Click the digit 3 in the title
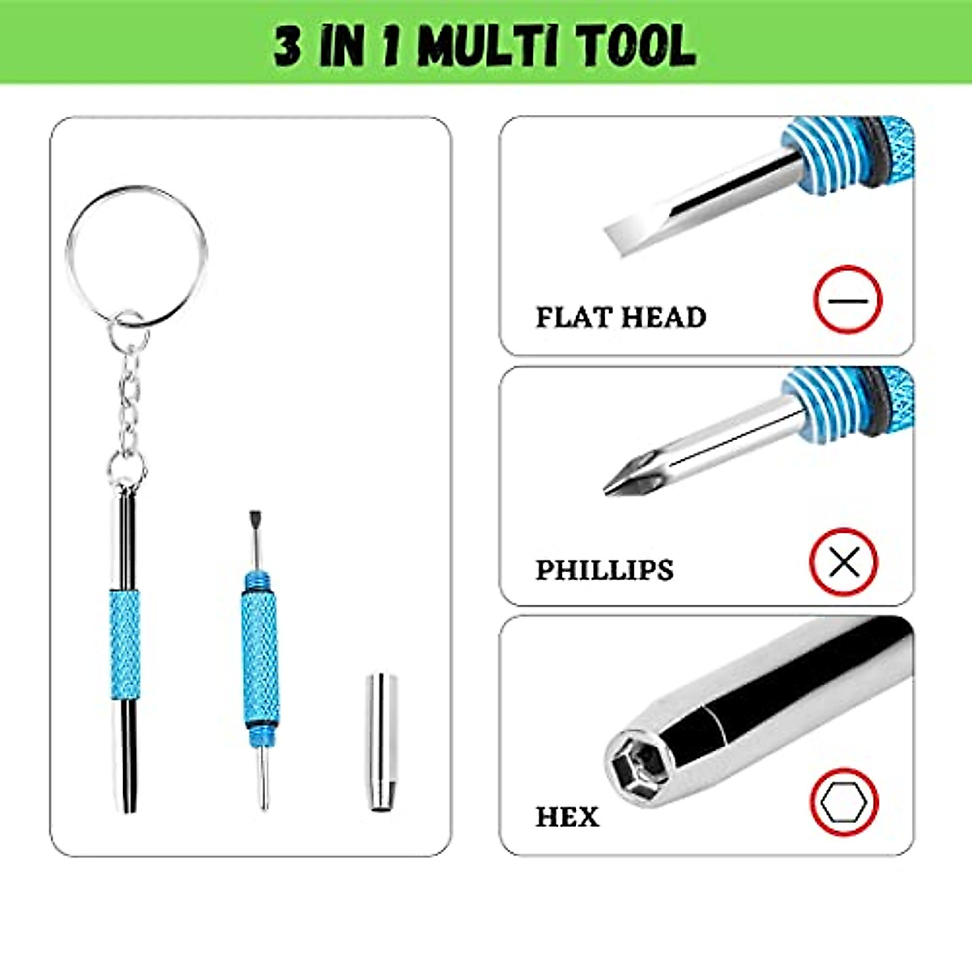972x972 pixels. (287, 47)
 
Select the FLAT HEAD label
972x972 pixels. (620, 317)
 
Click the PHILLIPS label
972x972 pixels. (604, 569)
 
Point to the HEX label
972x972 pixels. (567, 816)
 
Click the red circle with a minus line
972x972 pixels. (847, 300)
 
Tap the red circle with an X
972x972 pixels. (844, 561)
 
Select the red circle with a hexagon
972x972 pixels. (843, 803)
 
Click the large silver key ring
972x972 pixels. (136, 256)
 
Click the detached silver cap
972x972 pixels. (381, 742)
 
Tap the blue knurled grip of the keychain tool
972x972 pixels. (125, 643)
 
